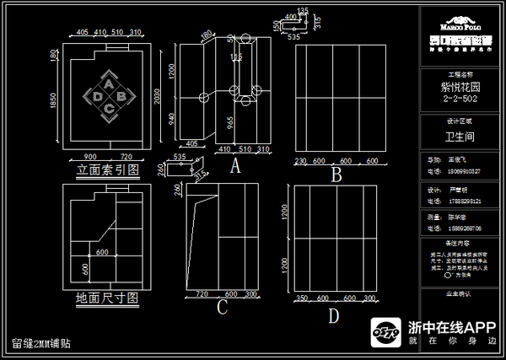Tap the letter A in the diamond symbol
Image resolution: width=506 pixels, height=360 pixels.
click(x=109, y=83)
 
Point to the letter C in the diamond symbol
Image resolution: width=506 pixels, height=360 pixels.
click(x=109, y=108)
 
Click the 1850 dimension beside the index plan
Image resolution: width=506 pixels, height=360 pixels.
click(x=53, y=102)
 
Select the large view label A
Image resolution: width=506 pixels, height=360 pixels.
click(x=235, y=166)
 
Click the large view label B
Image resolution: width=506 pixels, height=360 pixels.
click(x=336, y=175)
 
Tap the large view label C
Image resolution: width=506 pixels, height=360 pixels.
click(x=222, y=308)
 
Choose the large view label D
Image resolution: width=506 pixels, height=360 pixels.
click(x=333, y=316)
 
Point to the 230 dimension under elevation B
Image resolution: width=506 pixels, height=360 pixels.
click(x=300, y=161)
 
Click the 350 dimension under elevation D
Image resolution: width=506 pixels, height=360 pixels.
click(x=301, y=298)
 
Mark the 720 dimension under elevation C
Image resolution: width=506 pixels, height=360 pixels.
click(x=202, y=294)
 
